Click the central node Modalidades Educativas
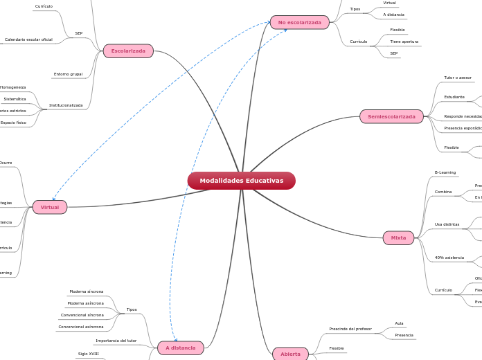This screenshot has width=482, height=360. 241,181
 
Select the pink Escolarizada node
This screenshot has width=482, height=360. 128,51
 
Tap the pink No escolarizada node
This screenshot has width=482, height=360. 299,22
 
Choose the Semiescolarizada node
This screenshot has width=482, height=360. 391,116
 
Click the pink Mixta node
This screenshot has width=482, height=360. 398,237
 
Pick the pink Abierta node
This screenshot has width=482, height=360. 290,354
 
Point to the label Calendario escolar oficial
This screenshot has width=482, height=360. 28,39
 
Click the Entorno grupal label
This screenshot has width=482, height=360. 68,74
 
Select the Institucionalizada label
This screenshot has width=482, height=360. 66,105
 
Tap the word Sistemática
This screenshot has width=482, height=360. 15,99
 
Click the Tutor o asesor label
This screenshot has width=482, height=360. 458,78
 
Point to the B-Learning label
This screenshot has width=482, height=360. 445,172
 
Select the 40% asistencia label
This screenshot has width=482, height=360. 449,258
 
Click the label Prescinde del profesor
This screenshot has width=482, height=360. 350,329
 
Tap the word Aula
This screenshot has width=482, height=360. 399,323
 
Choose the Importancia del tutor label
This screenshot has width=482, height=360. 116,341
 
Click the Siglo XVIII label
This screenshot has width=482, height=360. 89,354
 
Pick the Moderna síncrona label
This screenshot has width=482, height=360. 87,291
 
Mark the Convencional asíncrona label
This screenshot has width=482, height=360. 81,327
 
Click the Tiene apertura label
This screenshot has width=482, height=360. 404,42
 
